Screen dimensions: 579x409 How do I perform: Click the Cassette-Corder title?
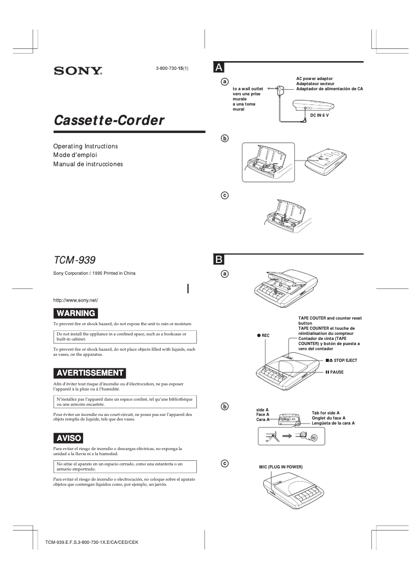109,120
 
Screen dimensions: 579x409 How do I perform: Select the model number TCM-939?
74,260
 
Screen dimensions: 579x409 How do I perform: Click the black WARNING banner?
75,313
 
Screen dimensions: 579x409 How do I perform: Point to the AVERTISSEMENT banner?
90,373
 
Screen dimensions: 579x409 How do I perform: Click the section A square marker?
218,67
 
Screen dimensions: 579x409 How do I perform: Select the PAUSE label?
334,372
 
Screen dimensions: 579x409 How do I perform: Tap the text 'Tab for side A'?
325,413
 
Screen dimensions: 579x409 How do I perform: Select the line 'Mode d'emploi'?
75,155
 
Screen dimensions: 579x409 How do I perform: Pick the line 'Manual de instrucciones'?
88,164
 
